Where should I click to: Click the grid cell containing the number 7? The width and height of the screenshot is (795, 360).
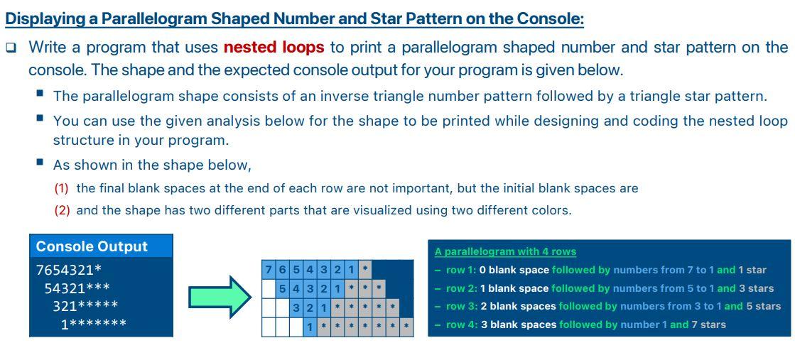pyautogui.click(x=269, y=271)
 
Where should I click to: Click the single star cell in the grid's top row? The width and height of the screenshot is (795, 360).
pyautogui.click(x=364, y=271)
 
